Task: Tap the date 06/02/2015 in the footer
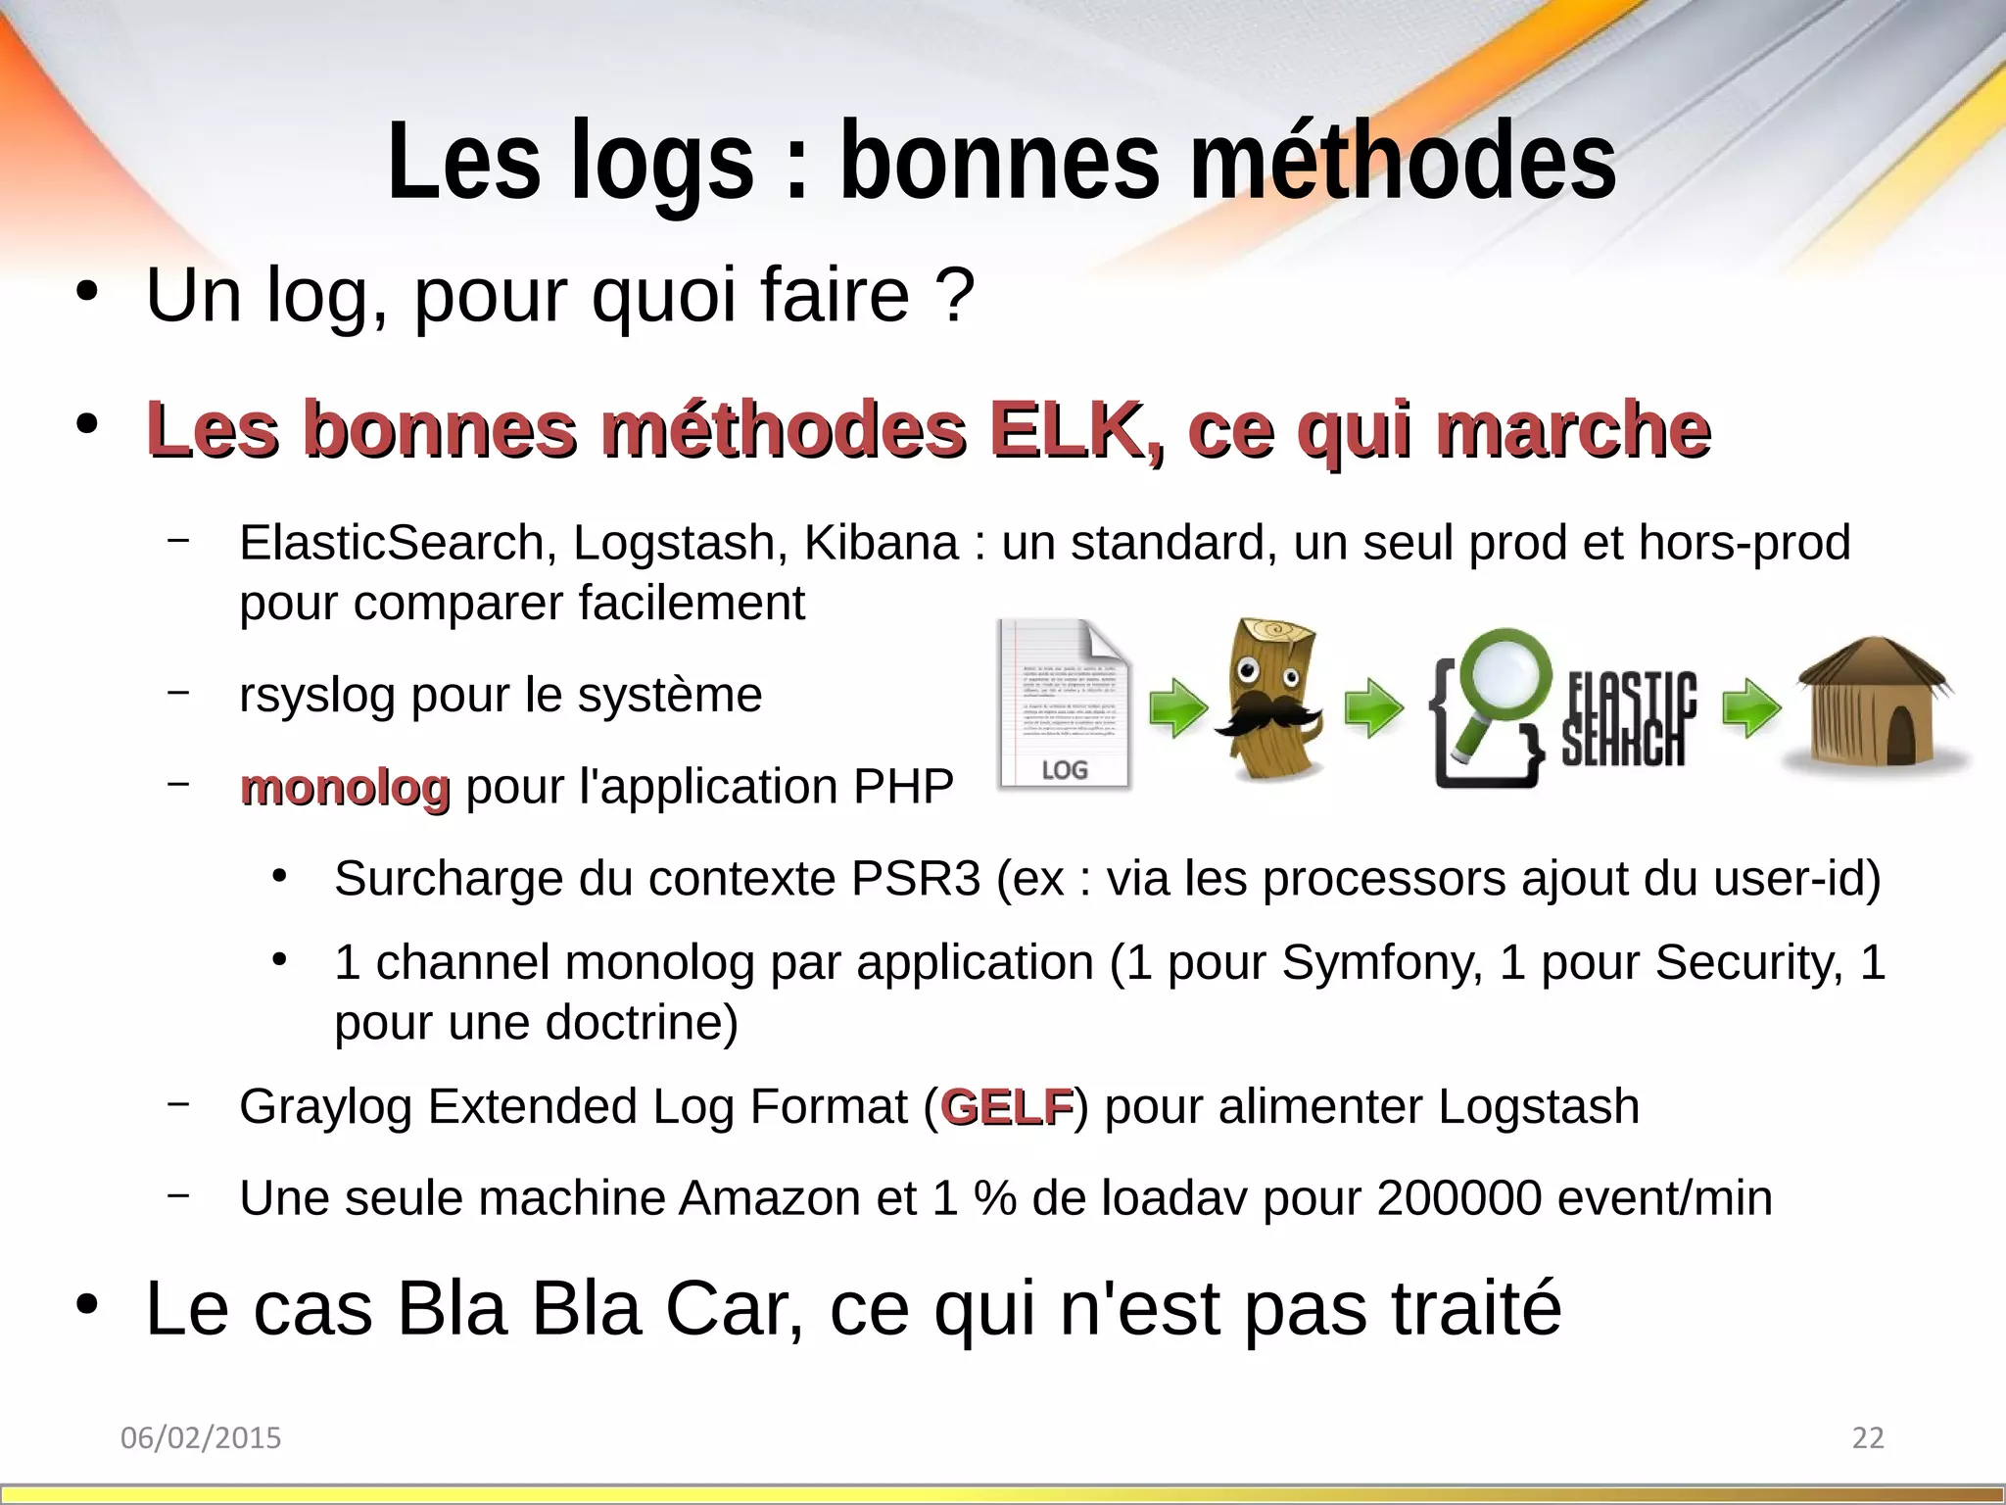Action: point(201,1437)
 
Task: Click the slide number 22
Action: point(1868,1437)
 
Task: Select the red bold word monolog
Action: point(345,787)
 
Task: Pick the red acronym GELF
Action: point(1007,1107)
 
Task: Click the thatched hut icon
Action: point(1873,705)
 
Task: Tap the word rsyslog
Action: point(316,696)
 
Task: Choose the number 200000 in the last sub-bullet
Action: point(1458,1198)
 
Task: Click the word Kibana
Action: point(881,543)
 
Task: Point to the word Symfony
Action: point(1382,962)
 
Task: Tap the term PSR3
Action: point(915,878)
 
